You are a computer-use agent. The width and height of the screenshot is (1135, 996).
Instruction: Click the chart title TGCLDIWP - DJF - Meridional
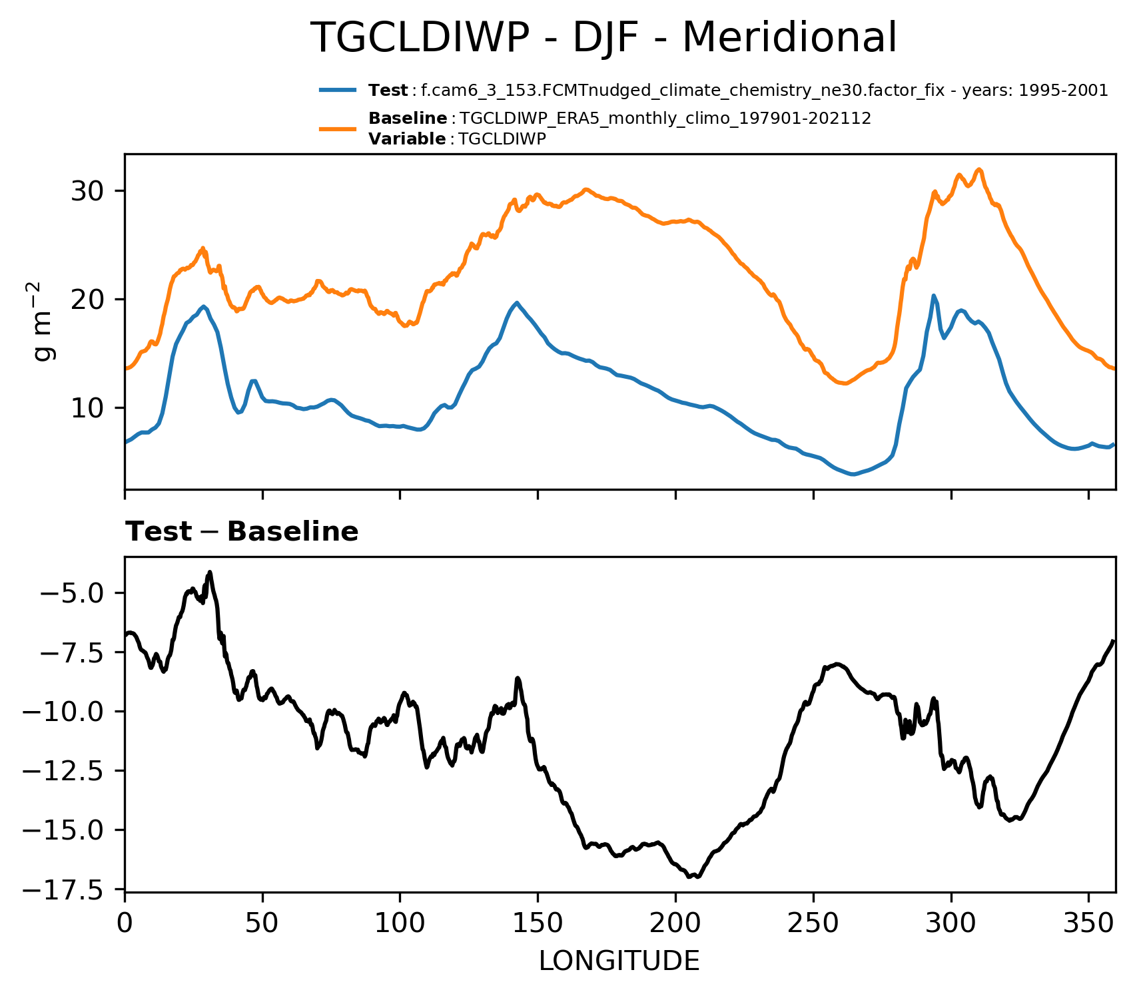pos(603,38)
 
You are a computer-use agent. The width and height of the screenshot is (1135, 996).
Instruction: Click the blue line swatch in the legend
pos(340,91)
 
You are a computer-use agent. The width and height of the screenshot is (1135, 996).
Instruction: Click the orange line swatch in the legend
pos(340,128)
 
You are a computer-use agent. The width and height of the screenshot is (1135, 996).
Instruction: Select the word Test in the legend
pos(388,91)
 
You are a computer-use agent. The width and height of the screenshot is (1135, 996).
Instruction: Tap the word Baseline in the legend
pos(408,119)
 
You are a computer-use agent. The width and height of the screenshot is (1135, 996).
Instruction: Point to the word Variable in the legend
pos(406,139)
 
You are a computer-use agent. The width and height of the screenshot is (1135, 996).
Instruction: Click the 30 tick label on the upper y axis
pos(89,192)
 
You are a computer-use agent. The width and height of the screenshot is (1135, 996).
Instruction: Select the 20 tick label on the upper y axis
pos(89,300)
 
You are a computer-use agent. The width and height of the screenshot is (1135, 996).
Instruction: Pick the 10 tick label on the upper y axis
pos(89,407)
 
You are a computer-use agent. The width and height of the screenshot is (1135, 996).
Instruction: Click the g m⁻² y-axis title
pos(45,322)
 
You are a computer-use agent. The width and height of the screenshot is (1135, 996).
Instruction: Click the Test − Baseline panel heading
pos(242,532)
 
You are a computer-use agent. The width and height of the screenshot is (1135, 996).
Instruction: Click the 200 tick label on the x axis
pos(675,926)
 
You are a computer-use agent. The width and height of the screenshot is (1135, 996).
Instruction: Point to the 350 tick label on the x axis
pos(1088,926)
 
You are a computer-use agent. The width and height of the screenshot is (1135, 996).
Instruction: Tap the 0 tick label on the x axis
pos(125,926)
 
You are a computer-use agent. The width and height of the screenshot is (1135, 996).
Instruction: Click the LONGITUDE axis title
pos(619,961)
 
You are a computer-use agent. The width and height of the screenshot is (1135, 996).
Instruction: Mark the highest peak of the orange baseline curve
pos(978,169)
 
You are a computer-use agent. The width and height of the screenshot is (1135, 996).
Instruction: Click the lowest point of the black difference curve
pos(689,877)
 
